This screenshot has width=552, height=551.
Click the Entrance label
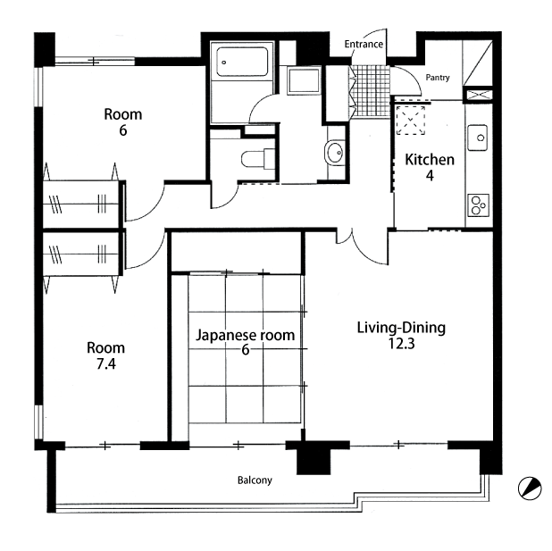click(364, 45)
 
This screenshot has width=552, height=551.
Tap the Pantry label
click(438, 78)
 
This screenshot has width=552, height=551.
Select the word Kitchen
click(430, 160)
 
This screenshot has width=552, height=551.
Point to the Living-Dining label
click(401, 328)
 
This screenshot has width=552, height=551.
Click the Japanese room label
click(245, 335)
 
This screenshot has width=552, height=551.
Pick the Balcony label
click(255, 480)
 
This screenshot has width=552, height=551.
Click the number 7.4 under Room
click(106, 364)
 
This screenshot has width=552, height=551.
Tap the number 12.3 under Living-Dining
click(401, 343)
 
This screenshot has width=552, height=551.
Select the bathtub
click(242, 62)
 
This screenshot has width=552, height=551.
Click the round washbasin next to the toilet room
click(335, 153)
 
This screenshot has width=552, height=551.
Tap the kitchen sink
click(477, 138)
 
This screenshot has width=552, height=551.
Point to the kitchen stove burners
click(478, 205)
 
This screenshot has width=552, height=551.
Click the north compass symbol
click(530, 488)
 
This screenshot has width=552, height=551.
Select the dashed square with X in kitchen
click(411, 120)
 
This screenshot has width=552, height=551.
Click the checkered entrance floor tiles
click(372, 92)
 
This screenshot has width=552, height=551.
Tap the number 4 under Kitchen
click(430, 175)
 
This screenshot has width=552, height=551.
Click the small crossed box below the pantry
click(478, 95)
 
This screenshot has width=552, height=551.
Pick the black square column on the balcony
click(314, 462)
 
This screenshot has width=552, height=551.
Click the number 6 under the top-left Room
click(123, 130)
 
